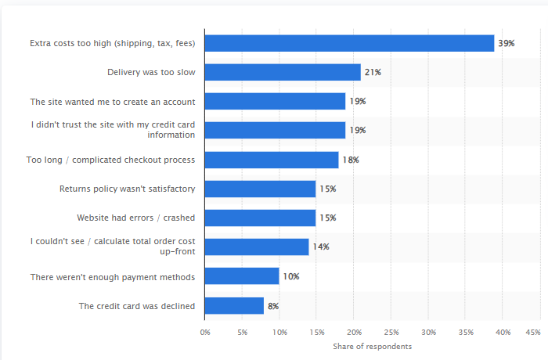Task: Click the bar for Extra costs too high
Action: coord(349,43)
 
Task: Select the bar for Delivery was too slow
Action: coord(283,72)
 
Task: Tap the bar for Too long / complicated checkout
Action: coord(272,160)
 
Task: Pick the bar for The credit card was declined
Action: coord(234,305)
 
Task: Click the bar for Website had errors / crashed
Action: coord(260,218)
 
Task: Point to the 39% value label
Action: coord(506,43)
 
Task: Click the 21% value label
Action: coord(373,72)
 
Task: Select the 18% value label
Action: coord(350,160)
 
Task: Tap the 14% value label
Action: coord(321,247)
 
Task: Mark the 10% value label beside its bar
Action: coord(290,276)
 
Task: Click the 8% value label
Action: coord(273,305)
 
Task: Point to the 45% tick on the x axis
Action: coord(533,332)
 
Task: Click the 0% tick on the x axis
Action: coord(205,332)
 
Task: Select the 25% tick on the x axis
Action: coord(391,332)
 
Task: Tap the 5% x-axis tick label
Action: coord(243,332)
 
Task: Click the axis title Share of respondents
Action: coord(372,346)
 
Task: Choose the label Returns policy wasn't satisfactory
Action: coord(128,189)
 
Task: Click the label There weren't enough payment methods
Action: coord(113,276)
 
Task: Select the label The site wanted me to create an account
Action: coord(113,102)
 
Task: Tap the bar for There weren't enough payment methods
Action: coord(242,276)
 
